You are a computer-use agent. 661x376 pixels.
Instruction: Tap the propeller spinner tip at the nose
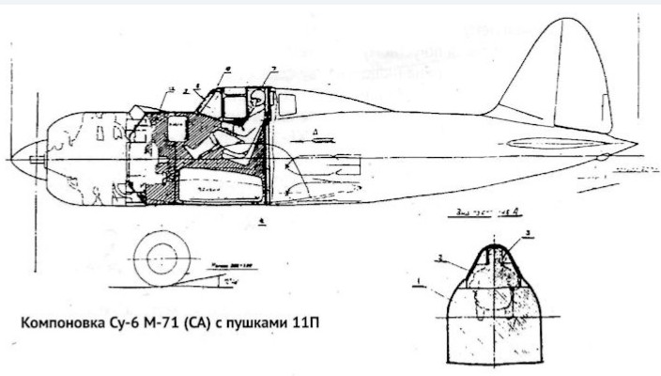click(12, 159)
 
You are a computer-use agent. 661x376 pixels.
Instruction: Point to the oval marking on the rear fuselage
click(542, 144)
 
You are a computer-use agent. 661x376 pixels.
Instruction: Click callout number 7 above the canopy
click(272, 70)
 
